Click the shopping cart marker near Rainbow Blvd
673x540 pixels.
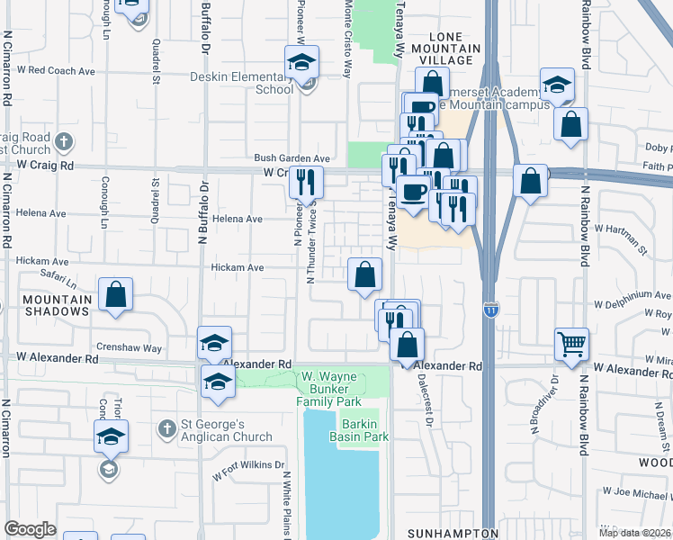(571, 343)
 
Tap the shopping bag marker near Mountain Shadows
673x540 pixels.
(116, 294)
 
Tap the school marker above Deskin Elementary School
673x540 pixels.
(302, 62)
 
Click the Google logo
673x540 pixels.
(30, 529)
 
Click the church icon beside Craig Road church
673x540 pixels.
(62, 141)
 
